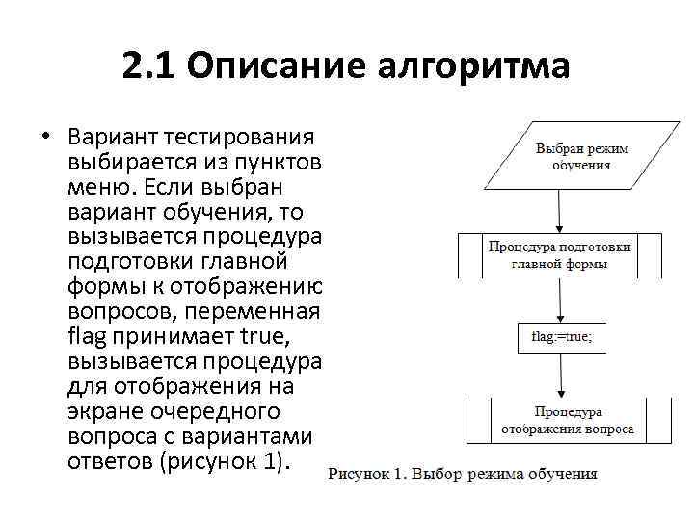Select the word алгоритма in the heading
(x=474, y=66)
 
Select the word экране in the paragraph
(x=104, y=411)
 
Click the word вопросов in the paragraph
(x=114, y=311)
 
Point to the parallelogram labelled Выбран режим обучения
(x=558, y=157)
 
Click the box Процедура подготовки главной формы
(x=558, y=255)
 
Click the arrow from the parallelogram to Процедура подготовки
(x=559, y=210)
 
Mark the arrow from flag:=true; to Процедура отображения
(x=559, y=376)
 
